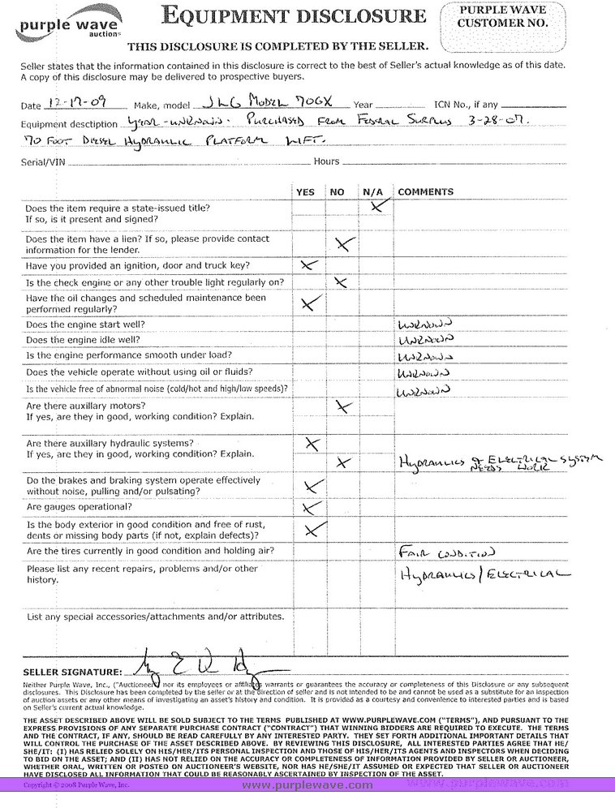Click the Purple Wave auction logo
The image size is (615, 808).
point(64,27)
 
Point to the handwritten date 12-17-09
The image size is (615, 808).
point(81,104)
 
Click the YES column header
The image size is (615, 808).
point(306,191)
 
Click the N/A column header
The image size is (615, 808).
point(372,191)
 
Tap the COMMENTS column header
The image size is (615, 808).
point(425,191)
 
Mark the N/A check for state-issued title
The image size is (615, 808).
point(376,207)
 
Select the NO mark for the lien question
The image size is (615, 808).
point(344,243)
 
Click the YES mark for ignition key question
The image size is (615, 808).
point(308,265)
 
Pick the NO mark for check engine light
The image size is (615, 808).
point(341,282)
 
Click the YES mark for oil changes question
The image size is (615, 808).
point(310,303)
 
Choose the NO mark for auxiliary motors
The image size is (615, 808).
point(344,407)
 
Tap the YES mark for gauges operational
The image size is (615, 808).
point(308,508)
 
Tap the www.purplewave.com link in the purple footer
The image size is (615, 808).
point(307,784)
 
